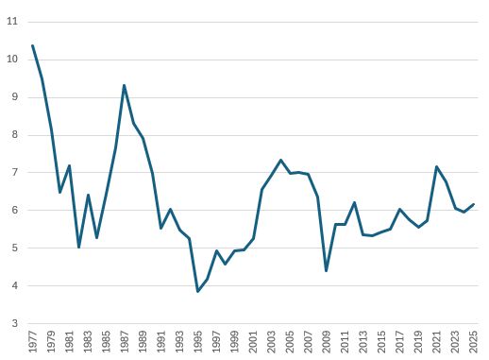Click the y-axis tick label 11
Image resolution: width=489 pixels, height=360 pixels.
12,21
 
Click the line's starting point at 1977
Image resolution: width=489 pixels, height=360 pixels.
33,45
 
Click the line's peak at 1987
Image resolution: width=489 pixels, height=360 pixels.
124,85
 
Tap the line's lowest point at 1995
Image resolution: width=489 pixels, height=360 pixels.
197,291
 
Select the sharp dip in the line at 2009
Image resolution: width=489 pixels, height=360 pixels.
326,271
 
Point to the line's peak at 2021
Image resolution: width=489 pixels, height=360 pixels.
436,166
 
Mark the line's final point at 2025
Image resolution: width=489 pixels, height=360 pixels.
472,204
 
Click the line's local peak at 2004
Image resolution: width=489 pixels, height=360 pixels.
280,160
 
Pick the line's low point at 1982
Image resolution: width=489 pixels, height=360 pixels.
78,248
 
